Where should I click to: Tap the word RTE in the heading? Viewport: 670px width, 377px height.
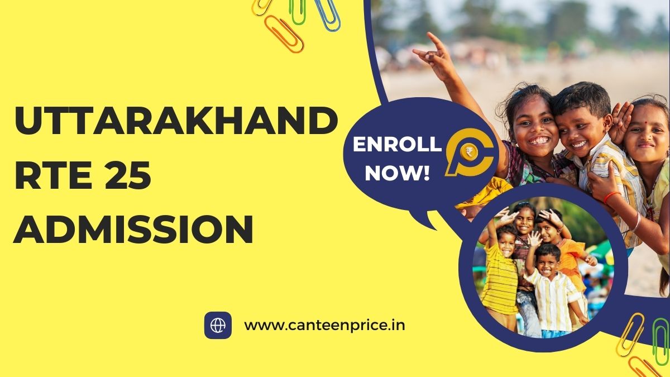tap(50, 178)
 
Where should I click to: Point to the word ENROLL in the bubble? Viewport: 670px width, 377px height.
tap(397, 145)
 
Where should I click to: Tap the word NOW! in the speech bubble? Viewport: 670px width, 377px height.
tap(397, 173)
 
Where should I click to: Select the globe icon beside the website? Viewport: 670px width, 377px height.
tap(218, 325)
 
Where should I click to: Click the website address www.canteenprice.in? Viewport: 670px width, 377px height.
tap(325, 325)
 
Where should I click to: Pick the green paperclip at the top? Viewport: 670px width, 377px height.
tap(299, 10)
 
